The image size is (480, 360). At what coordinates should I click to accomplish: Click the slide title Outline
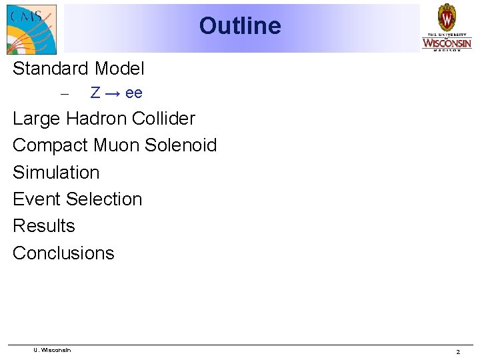240,26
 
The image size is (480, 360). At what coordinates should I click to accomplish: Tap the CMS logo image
31,29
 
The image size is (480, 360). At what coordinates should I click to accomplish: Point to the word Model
119,69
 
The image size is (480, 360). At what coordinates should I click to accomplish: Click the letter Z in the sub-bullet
95,93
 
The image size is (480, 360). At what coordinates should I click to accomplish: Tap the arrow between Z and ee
113,93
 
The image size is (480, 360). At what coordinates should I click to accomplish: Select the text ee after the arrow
134,93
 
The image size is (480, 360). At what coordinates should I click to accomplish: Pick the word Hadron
97,119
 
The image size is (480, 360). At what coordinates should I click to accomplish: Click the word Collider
164,119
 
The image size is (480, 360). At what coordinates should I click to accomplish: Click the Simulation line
56,173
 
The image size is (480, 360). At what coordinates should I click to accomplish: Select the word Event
37,199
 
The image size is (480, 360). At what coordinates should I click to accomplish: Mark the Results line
44,226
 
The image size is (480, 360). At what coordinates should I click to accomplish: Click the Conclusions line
63,253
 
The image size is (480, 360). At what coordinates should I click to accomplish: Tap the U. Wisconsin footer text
52,350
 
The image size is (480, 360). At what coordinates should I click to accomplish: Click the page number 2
458,351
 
